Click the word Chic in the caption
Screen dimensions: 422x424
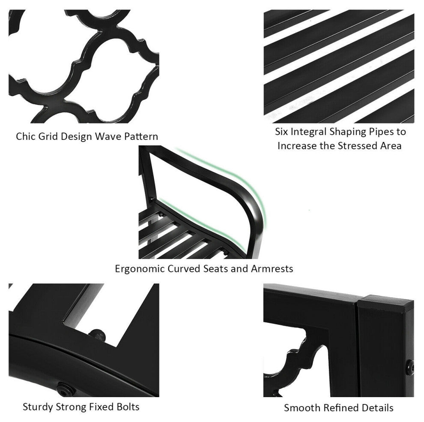point(25,137)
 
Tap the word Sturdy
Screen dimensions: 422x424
point(37,407)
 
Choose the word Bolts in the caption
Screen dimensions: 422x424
point(127,406)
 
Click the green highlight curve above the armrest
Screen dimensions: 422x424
point(253,189)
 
